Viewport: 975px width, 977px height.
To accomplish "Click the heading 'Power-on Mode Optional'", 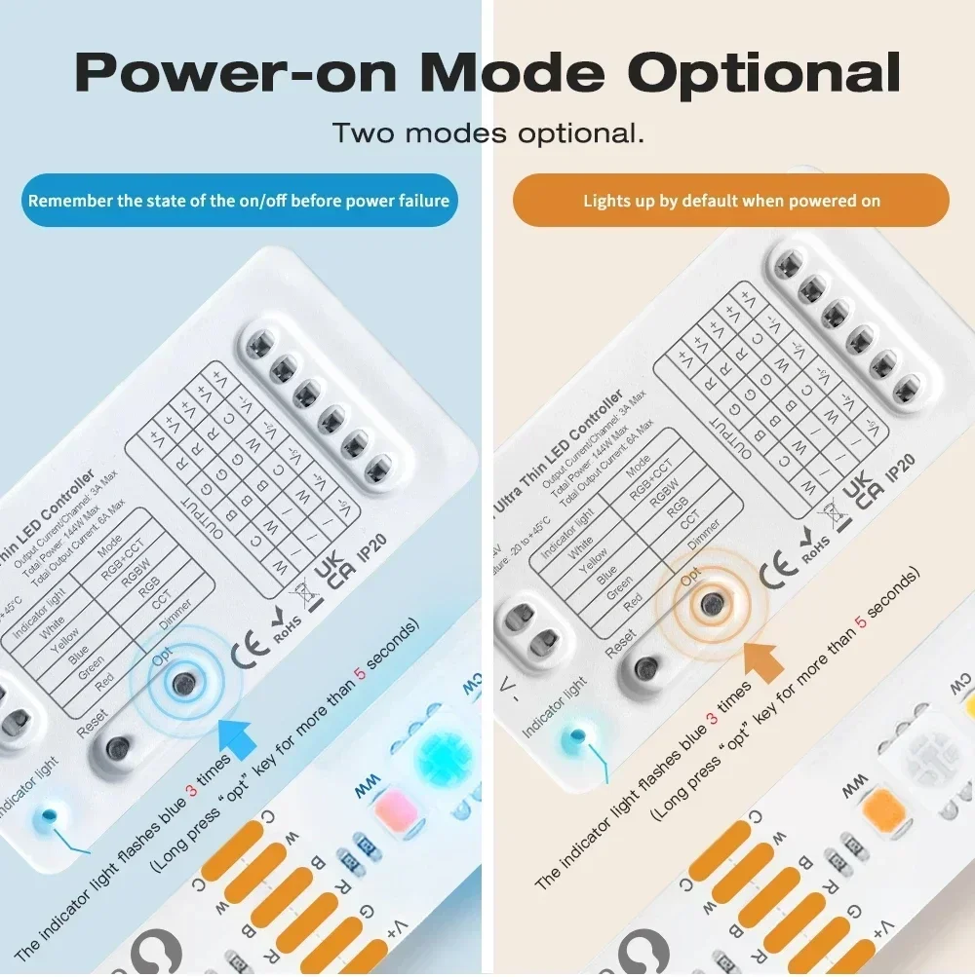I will click(487, 73).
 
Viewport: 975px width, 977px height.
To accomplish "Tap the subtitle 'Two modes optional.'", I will click(487, 132).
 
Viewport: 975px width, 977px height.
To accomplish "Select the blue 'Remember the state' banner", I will click(239, 201).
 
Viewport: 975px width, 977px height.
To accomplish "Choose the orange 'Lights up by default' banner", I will click(731, 201).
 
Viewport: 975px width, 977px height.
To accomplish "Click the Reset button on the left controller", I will click(118, 748).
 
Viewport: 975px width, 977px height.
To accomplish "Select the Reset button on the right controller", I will click(645, 668).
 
